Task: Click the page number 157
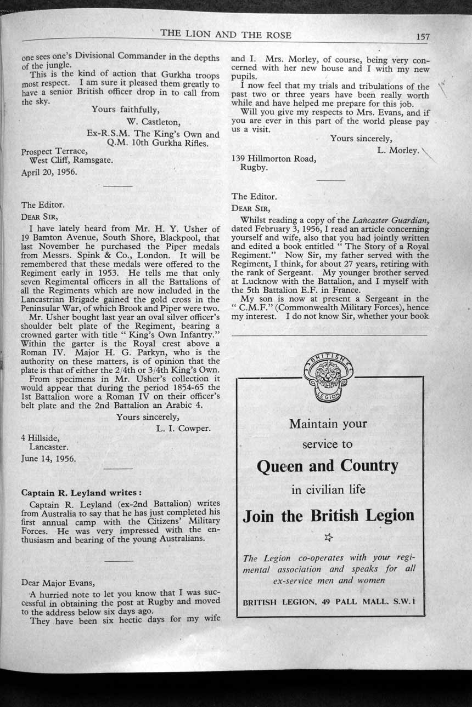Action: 423,37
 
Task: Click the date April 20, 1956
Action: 49,172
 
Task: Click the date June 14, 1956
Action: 48,458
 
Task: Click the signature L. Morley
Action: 398,150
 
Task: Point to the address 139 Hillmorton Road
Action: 274,159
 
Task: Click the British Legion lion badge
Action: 328,377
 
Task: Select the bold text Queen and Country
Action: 327,466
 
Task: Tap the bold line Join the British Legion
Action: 328,516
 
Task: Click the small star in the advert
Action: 328,538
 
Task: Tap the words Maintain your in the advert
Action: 328,424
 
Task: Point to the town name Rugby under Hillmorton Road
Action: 254,168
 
